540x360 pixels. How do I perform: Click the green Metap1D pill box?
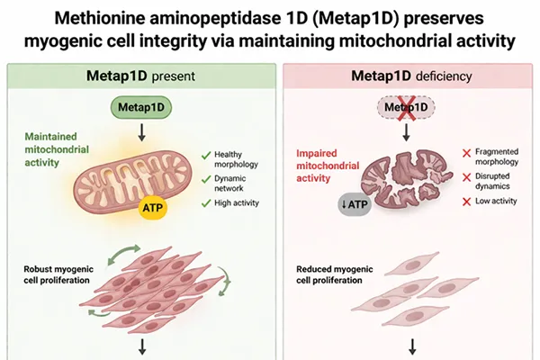coord(138,107)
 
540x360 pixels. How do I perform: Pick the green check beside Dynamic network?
coord(207,180)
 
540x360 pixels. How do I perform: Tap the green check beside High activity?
coord(207,202)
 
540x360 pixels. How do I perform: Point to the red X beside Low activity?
coord(465,200)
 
